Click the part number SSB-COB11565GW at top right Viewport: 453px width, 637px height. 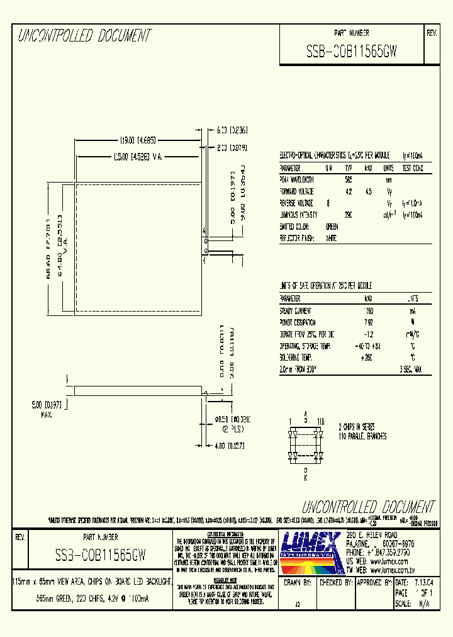tap(351, 53)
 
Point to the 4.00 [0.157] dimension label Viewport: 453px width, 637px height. tap(228, 446)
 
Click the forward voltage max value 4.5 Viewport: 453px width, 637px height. tap(369, 191)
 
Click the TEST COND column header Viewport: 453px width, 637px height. tap(412, 168)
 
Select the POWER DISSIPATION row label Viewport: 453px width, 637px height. tap(299, 323)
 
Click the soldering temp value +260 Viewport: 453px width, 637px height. tap(368, 358)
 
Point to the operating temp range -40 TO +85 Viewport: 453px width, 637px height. tap(367, 346)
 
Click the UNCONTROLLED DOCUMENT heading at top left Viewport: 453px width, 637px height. tap(84, 36)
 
